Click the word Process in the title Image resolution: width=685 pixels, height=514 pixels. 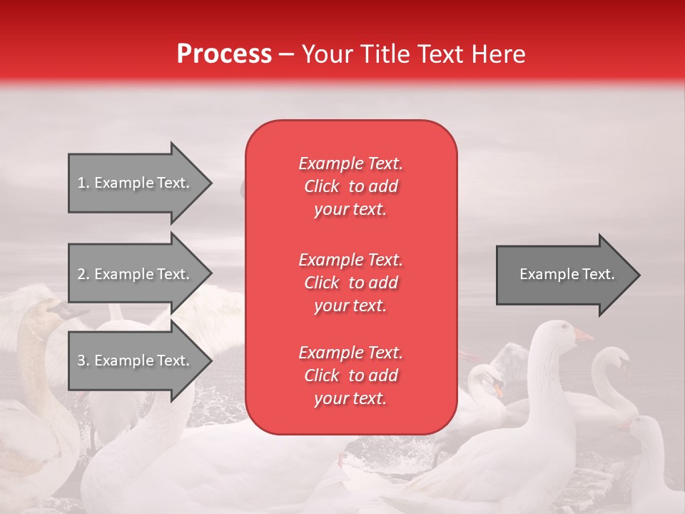click(x=224, y=54)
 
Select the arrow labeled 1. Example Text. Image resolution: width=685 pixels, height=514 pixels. click(x=136, y=183)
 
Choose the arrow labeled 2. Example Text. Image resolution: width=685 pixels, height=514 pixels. click(x=136, y=274)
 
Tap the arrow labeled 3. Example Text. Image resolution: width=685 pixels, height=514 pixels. click(x=136, y=361)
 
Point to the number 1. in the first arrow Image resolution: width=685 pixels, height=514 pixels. click(x=83, y=183)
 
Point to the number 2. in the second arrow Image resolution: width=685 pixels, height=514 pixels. click(x=83, y=274)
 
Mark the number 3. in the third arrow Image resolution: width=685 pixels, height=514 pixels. click(x=83, y=361)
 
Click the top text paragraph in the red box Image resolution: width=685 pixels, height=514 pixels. click(x=350, y=186)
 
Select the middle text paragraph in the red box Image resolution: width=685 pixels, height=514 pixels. click(x=350, y=283)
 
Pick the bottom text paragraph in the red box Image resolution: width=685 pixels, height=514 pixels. click(x=350, y=376)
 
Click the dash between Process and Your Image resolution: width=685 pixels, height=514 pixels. click(x=287, y=54)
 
